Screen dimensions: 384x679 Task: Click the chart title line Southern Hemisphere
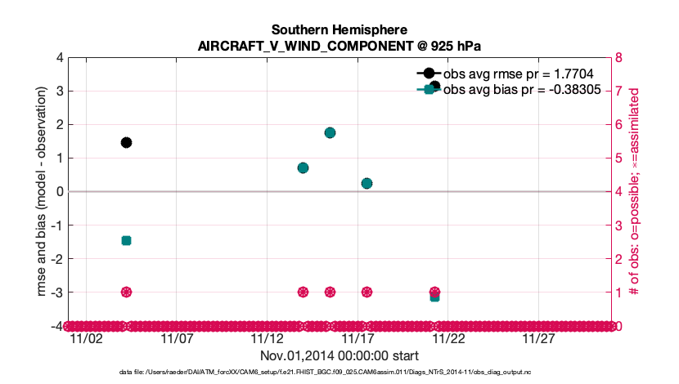tap(339, 30)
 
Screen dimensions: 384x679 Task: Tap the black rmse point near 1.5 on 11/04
tap(126, 142)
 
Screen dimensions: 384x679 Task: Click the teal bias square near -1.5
tap(126, 240)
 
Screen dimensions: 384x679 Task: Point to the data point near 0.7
tap(303, 167)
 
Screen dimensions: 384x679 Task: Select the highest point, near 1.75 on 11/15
tap(330, 132)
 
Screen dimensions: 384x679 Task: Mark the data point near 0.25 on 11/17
tap(366, 183)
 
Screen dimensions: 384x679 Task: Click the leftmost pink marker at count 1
tap(126, 292)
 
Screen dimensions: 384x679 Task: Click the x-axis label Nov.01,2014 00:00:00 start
tap(339, 355)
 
